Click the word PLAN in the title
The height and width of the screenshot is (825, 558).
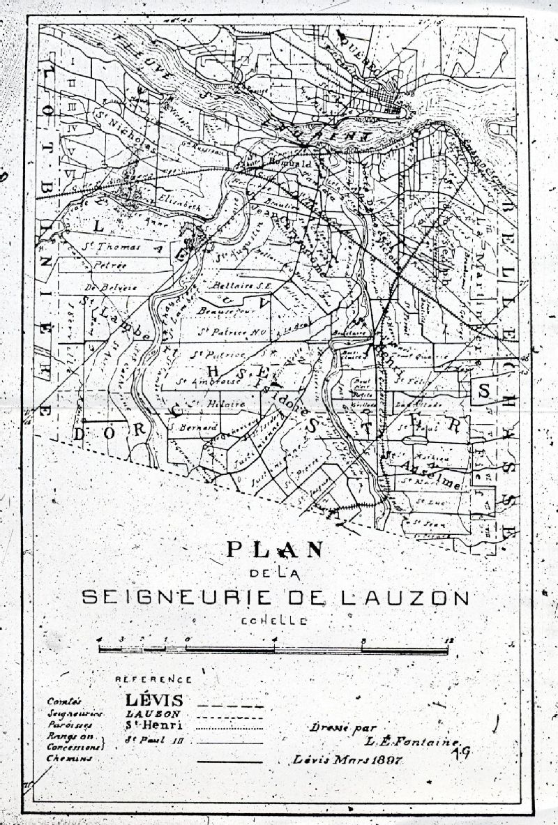274,550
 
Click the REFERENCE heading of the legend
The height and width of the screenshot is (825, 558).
153,679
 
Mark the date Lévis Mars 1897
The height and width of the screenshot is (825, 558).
349,759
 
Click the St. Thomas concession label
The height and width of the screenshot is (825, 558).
112,248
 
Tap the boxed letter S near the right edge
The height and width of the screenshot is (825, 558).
483,393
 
